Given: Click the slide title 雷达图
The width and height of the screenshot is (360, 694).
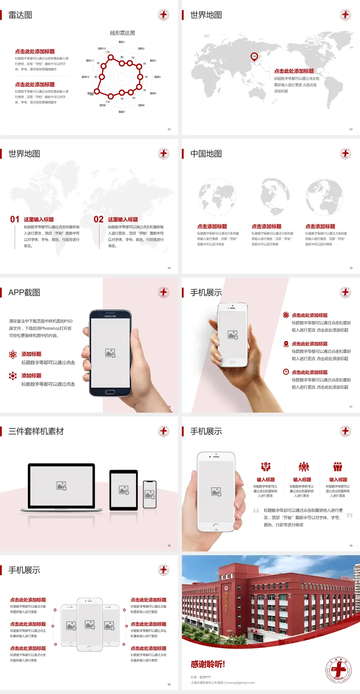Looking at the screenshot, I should coord(20,15).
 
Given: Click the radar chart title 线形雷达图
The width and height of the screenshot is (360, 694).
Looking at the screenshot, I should coord(122,33).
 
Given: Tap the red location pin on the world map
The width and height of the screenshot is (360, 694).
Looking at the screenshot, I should coord(254,57).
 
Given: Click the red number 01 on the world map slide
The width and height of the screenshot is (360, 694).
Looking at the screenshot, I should coord(15,219).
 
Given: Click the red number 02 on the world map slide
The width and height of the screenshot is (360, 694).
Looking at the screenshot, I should coord(99,219).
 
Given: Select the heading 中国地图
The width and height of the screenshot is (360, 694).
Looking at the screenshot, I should coord(206,154).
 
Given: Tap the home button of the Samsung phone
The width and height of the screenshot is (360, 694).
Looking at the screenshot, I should coord(110,392).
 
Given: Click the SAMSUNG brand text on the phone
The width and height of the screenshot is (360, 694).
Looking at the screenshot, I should coord(110,316).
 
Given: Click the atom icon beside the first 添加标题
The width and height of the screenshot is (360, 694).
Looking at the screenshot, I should coord(13,355).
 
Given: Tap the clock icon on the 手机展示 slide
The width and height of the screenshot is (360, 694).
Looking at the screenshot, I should coord(286,372).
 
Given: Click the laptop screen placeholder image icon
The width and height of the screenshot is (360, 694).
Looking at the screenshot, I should coord(61,486).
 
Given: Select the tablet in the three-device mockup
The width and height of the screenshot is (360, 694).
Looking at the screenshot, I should coord(123,490).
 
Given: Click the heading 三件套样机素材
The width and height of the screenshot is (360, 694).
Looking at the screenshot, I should coord(36,431).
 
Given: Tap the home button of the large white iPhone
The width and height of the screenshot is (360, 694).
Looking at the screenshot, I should coord(216,527).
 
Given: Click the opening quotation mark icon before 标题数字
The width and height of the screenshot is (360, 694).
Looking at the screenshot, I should coord(256,511).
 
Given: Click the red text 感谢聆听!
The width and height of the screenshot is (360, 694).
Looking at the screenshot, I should coord(208,664).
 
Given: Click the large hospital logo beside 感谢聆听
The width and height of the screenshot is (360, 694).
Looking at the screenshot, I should coord(339,670).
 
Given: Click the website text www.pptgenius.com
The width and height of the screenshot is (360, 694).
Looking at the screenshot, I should coord(240,683).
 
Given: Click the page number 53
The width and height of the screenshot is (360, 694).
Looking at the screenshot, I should coord(351,129).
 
